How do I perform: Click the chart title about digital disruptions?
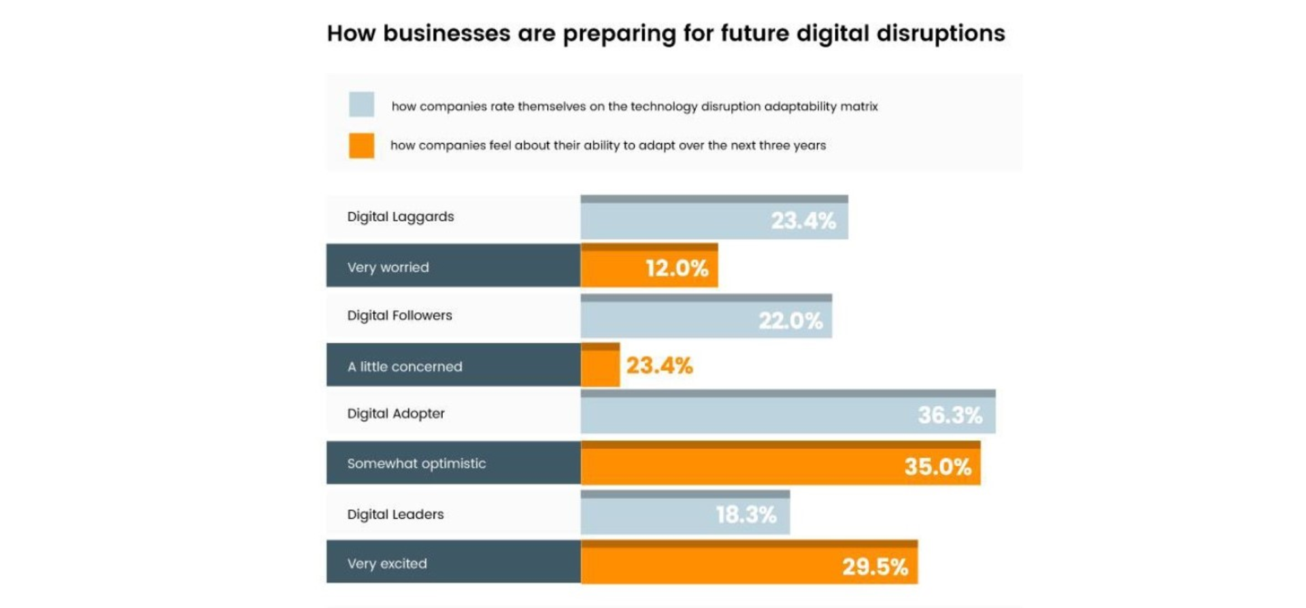pos(665,33)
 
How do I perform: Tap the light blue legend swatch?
pos(361,105)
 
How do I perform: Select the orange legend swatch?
pos(361,145)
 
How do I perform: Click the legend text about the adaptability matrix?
pos(634,106)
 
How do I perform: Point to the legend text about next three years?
pos(607,145)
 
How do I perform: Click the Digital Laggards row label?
pos(400,216)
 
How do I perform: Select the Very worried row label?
pos(388,267)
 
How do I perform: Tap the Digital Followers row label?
pos(399,316)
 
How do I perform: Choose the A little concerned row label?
pos(404,367)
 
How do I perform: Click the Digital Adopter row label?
pos(395,413)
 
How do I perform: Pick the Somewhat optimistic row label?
pos(416,463)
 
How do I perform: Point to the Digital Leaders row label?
pos(395,514)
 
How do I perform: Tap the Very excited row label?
pos(387,563)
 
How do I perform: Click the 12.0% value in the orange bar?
pos(677,268)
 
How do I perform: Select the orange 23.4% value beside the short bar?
pos(659,366)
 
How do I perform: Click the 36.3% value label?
pos(950,415)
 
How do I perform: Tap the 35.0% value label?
pos(937,467)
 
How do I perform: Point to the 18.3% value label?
pos(746,515)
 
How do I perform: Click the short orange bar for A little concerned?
pos(600,368)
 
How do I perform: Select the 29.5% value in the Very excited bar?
pos(875,567)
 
